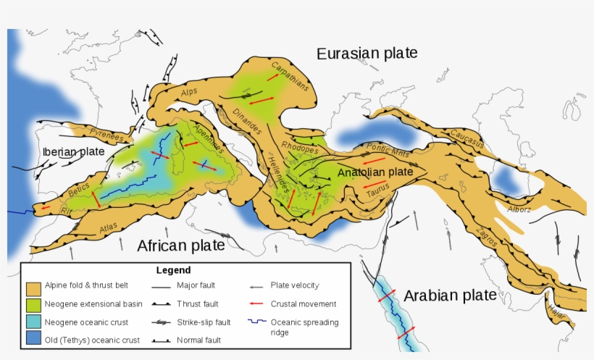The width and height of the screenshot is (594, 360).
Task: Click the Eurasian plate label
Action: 367,53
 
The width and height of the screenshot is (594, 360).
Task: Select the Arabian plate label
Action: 450,296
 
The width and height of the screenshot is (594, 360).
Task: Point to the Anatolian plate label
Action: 375,172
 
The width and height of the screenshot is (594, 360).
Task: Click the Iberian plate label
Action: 73,152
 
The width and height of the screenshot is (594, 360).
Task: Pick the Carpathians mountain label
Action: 290,75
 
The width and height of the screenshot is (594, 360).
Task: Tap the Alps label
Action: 188,93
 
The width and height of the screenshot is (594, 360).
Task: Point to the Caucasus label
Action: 467,138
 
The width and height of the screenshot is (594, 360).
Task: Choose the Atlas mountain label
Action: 108,227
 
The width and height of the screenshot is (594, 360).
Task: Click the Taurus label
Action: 377,190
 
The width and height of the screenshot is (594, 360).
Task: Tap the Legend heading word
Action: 173,270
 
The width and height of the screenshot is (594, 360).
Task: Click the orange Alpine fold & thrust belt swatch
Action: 33,287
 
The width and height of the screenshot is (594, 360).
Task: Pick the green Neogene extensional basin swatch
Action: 33,304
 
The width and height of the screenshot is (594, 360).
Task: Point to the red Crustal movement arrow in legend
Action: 255,304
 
